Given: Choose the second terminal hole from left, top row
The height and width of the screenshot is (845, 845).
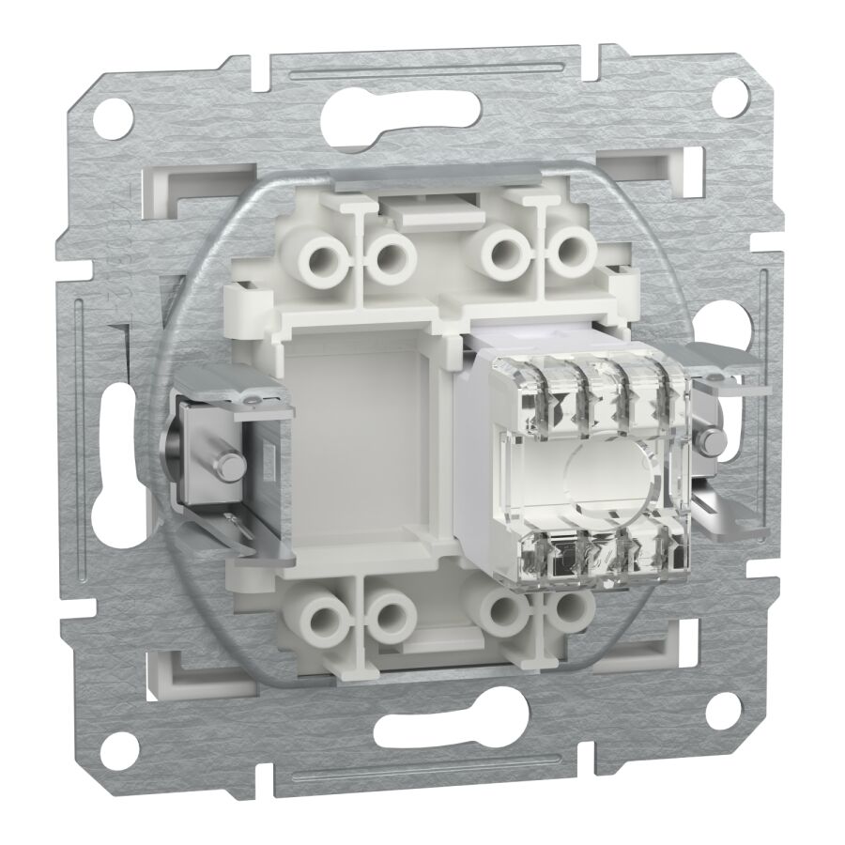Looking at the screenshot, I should (388, 253).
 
